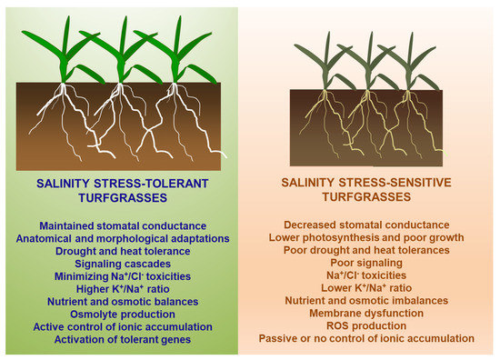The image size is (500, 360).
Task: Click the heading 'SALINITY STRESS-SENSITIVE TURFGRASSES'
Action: coord(368,190)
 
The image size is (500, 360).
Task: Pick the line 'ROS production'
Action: coord(368,325)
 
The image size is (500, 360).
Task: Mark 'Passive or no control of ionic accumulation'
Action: coord(368,338)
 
